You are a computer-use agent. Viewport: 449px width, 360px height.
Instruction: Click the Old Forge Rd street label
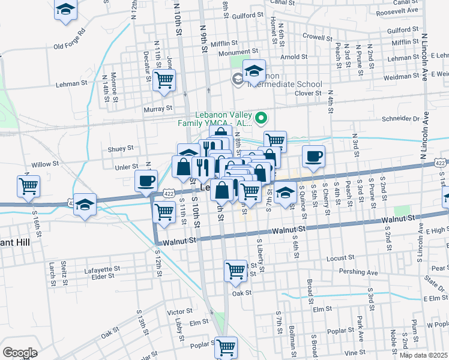pyautogui.click(x=70, y=38)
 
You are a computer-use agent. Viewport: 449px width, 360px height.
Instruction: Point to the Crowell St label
pyautogui.click(x=318, y=37)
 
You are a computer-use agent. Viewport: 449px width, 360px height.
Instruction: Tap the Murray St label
pyautogui.click(x=158, y=109)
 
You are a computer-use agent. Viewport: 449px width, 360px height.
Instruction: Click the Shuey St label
pyautogui.click(x=121, y=148)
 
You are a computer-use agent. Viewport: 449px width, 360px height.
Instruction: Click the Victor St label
pyautogui.click(x=179, y=312)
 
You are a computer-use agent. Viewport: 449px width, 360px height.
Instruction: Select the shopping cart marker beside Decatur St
pyautogui.click(x=164, y=80)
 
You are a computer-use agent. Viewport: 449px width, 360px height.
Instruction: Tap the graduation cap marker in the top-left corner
pyautogui.click(x=66, y=10)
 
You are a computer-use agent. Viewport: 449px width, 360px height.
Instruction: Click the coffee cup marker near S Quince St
pyautogui.click(x=313, y=157)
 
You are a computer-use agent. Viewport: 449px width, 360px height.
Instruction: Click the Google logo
pyautogui.click(x=20, y=353)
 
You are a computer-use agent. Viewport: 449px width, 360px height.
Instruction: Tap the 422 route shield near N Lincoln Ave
pyautogui.click(x=441, y=163)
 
